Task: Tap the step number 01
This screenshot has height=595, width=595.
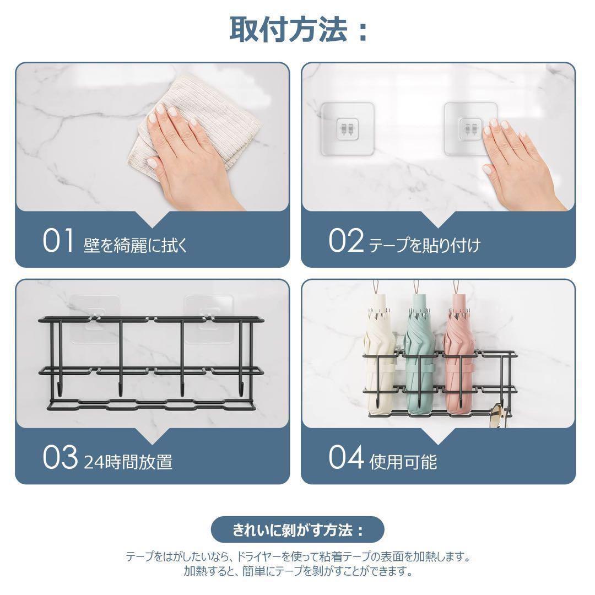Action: (58, 241)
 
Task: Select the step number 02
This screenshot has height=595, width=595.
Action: (345, 241)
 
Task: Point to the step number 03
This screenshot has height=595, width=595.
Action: (60, 458)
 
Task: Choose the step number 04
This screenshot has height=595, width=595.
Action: (346, 458)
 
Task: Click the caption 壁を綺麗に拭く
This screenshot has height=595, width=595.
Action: (136, 245)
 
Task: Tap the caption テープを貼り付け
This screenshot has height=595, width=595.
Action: (425, 245)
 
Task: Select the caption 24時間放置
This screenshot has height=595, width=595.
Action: (128, 462)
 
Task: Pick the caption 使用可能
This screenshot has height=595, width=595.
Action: (403, 462)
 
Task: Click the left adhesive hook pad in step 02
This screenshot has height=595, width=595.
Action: (347, 129)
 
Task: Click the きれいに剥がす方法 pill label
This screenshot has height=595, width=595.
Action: (297, 530)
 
